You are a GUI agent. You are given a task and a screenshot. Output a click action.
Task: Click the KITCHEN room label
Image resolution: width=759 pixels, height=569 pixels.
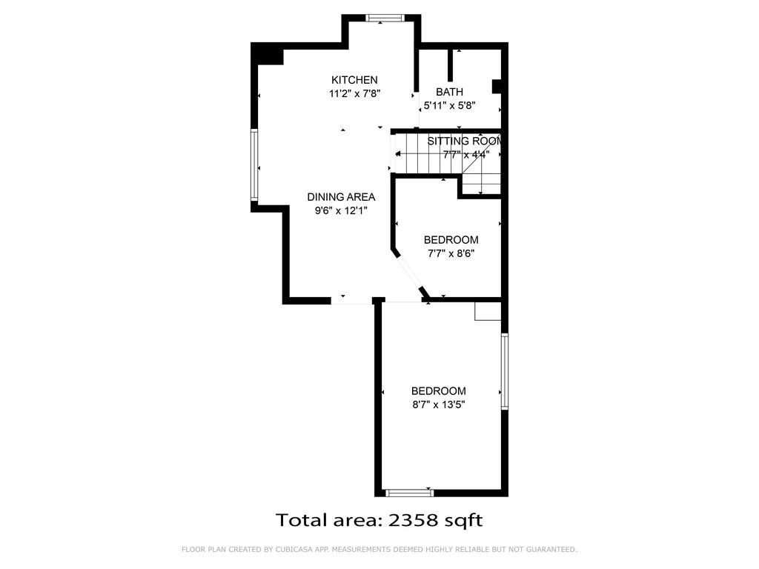[354, 80]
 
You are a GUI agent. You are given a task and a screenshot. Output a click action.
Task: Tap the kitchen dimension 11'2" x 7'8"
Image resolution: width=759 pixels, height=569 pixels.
[354, 94]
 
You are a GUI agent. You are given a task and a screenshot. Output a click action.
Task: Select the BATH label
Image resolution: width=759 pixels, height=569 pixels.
[449, 92]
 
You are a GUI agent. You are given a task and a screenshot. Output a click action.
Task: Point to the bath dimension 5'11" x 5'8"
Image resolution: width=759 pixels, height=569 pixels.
[448, 106]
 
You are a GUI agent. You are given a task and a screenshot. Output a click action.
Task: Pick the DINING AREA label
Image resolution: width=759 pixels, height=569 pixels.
[341, 197]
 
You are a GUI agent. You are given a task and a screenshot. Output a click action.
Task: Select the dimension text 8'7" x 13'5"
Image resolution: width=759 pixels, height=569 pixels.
[438, 405]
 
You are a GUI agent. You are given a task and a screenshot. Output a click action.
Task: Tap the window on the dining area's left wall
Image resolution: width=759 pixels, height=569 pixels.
[253, 164]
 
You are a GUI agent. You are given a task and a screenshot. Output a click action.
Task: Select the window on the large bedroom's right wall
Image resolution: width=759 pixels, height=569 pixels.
[504, 371]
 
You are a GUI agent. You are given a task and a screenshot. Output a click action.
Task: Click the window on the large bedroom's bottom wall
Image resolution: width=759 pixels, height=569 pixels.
[409, 491]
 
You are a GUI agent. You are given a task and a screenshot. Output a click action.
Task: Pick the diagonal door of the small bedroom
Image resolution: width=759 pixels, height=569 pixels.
[411, 273]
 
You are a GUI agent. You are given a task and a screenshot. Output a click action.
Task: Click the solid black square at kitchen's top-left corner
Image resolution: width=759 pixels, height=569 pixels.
[269, 55]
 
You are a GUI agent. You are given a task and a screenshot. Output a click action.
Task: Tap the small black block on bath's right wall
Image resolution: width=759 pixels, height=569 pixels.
[498, 87]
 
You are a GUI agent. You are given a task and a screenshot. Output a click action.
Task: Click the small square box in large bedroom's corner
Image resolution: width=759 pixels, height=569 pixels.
[488, 311]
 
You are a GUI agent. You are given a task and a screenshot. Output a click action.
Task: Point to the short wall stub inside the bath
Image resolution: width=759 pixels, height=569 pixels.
[450, 64]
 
